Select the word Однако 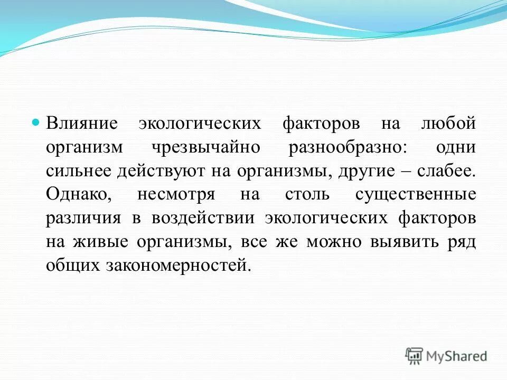point(78,195)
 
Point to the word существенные point(416,195)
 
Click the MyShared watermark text point(457,356)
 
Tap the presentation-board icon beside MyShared point(415,356)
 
